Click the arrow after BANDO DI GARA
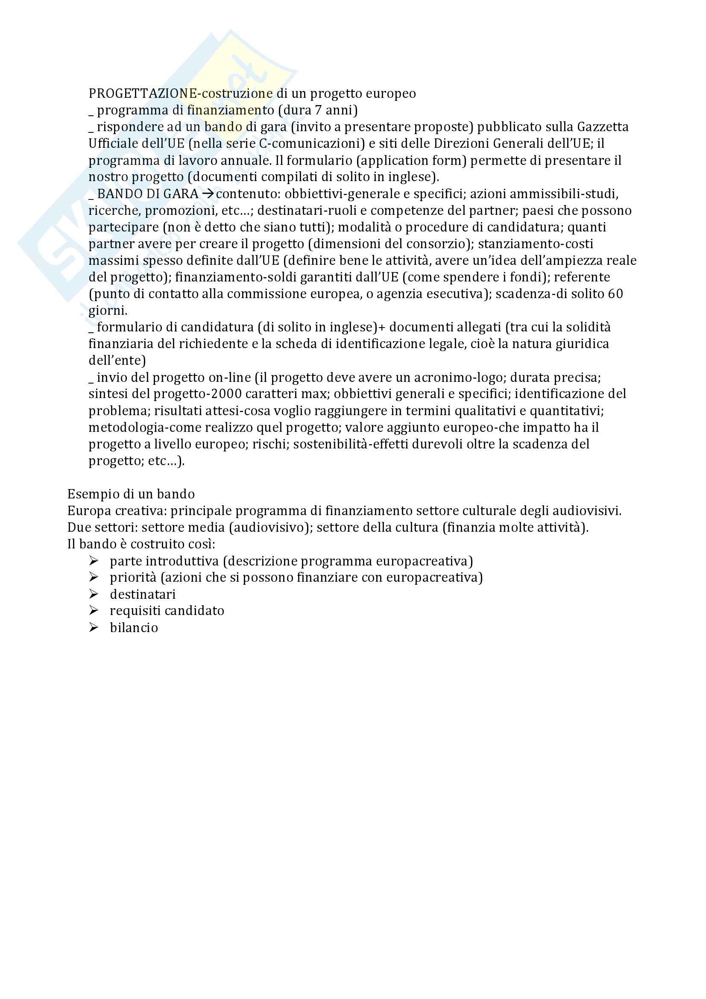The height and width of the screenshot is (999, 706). (x=208, y=194)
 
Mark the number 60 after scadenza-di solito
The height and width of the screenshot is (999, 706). (x=615, y=294)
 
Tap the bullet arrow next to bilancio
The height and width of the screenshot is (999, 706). (x=94, y=627)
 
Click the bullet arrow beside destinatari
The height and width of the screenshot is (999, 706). (x=94, y=594)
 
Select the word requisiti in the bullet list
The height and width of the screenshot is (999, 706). (x=135, y=611)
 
